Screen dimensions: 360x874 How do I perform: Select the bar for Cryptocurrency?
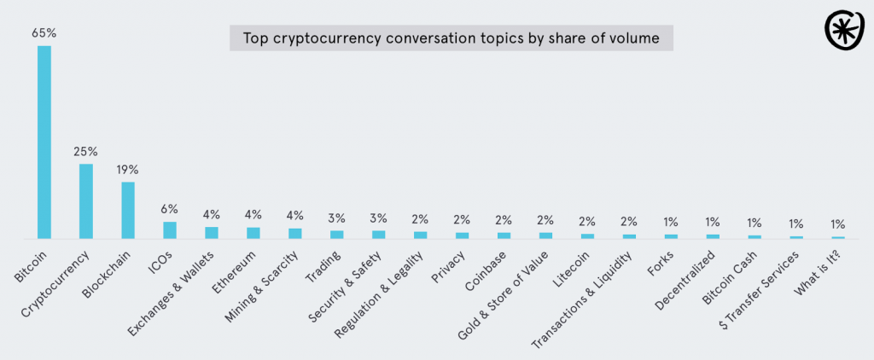[x=85, y=201]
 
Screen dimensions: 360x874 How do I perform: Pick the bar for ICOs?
[x=169, y=230]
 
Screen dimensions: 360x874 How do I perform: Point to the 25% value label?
[x=85, y=152]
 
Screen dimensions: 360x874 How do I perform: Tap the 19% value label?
[x=127, y=170]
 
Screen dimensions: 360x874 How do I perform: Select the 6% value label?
[x=169, y=210]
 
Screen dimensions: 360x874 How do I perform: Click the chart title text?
[x=451, y=38]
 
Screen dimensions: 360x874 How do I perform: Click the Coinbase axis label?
[x=486, y=268]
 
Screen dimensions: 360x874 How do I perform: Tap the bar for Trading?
[x=336, y=234]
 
